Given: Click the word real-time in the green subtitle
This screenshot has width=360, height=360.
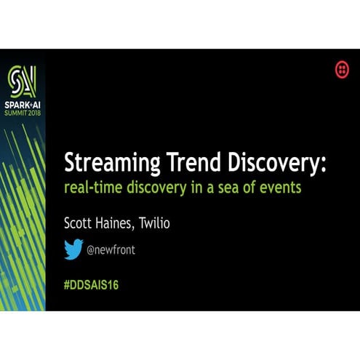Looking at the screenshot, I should (x=91, y=187).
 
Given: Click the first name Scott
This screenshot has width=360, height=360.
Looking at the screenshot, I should (x=81, y=223).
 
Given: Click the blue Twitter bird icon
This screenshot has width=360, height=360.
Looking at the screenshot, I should (x=73, y=249).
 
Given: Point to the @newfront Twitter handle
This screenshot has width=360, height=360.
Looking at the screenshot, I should (x=111, y=250).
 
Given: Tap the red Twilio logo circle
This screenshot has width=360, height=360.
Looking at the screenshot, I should (x=341, y=69).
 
